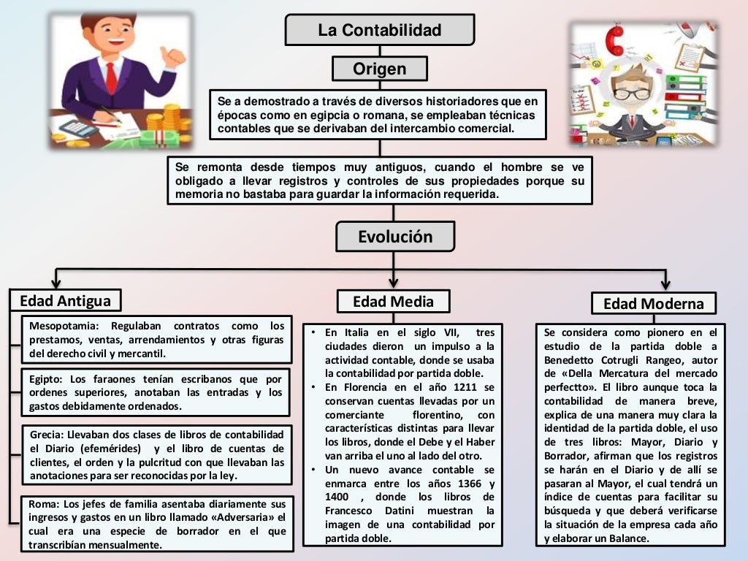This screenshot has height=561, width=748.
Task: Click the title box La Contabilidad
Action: click(x=379, y=30)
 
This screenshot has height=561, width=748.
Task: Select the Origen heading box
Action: click(x=379, y=69)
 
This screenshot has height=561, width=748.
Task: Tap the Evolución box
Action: click(x=394, y=237)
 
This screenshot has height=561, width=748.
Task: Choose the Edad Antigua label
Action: click(x=65, y=300)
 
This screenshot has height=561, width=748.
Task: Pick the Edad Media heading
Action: click(x=393, y=301)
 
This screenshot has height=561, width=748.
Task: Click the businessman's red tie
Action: click(x=111, y=77)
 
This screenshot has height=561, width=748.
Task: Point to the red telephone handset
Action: click(x=614, y=42)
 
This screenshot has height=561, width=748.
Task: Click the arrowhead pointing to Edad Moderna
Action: click(x=665, y=283)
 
